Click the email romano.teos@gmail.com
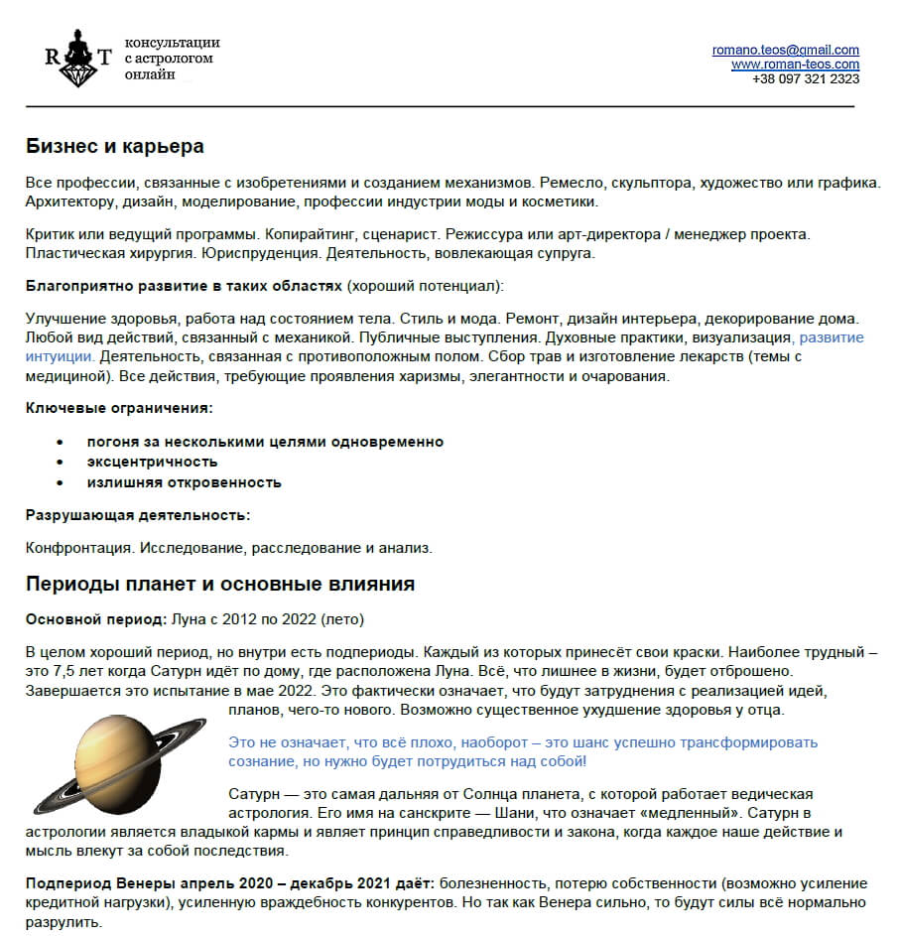click(x=785, y=50)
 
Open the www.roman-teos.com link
click(x=795, y=65)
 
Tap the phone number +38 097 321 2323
click(x=806, y=78)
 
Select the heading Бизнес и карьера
click(x=114, y=147)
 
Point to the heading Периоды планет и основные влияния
click(x=219, y=584)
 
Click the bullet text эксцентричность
click(x=152, y=462)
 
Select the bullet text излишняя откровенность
click(x=184, y=482)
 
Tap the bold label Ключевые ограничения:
click(x=119, y=408)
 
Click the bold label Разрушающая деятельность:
click(x=137, y=515)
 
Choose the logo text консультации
click(x=172, y=43)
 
